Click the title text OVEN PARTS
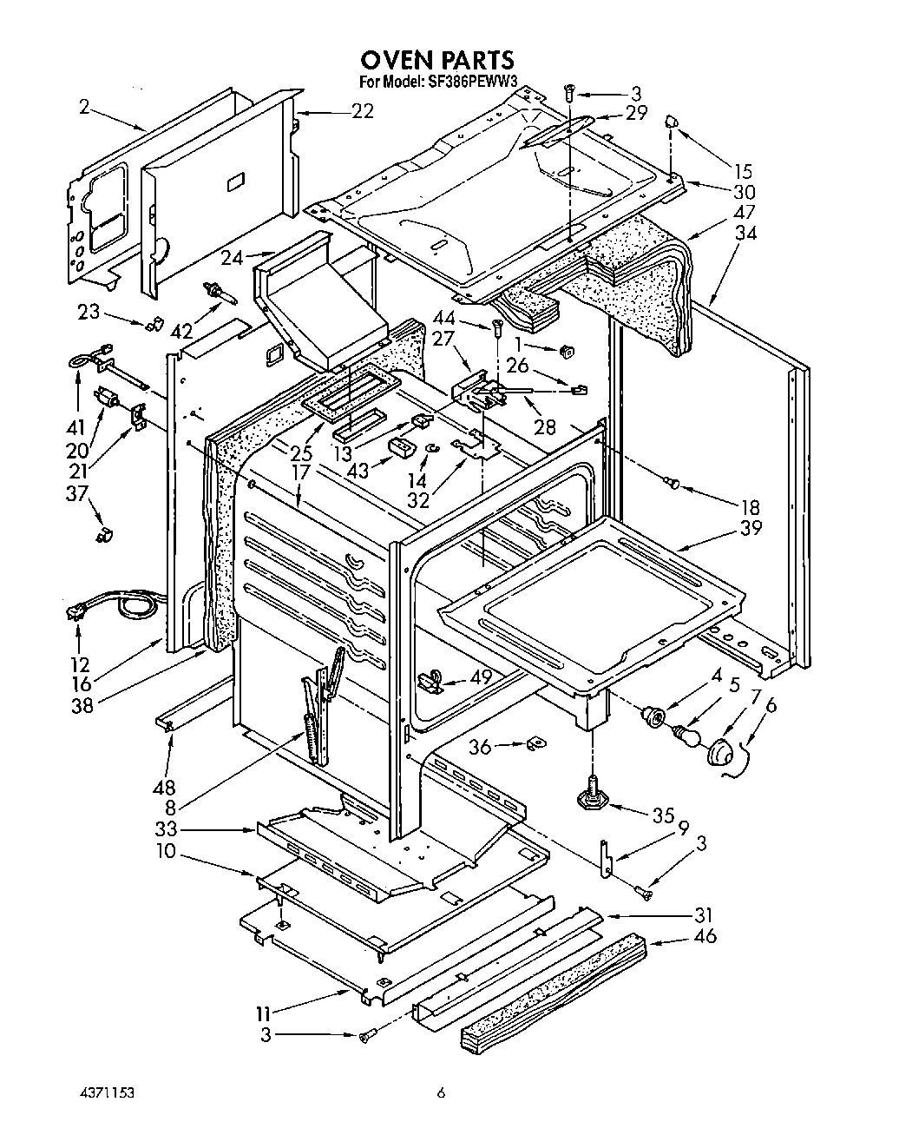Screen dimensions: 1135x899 coord(437,59)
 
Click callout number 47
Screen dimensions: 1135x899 coord(744,213)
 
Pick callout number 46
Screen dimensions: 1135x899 coord(706,937)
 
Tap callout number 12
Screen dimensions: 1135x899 coord(81,664)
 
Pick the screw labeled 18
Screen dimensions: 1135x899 coord(671,481)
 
